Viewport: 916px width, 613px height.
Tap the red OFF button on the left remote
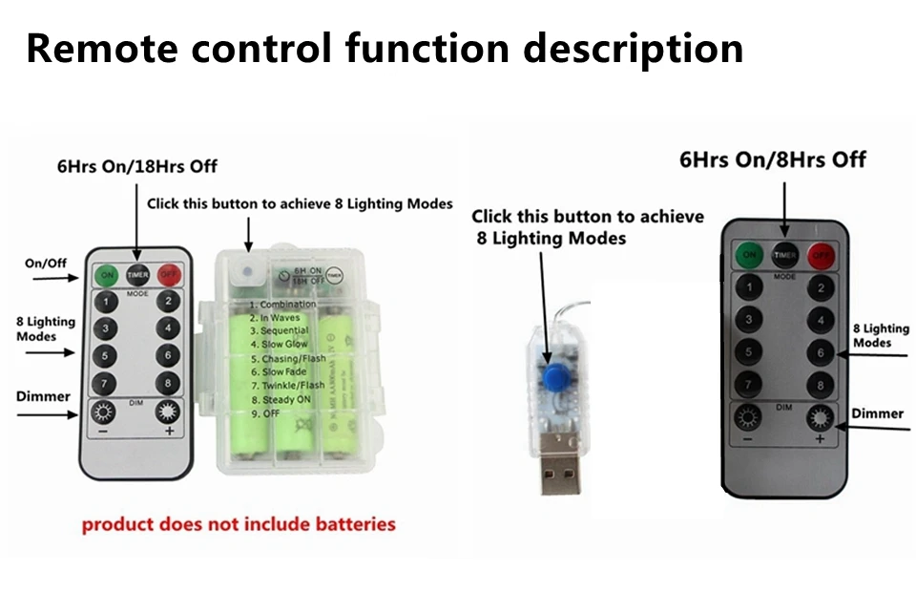pyautogui.click(x=170, y=273)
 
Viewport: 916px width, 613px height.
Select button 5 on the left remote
pyautogui.click(x=105, y=355)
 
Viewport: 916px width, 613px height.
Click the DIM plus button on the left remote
pyautogui.click(x=169, y=413)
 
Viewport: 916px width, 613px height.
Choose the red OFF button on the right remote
pyautogui.click(x=820, y=255)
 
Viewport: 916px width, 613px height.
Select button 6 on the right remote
pyautogui.click(x=820, y=352)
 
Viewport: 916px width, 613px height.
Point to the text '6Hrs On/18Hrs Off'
pyautogui.click(x=136, y=166)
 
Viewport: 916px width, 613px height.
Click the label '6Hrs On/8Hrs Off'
pyautogui.click(x=772, y=159)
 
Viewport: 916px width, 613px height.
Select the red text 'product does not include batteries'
pyautogui.click(x=238, y=524)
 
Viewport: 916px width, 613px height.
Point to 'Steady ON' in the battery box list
pyautogui.click(x=287, y=399)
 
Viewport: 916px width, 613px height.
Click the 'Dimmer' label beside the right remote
pyautogui.click(x=877, y=412)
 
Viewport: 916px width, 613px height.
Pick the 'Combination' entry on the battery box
pyautogui.click(x=287, y=305)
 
